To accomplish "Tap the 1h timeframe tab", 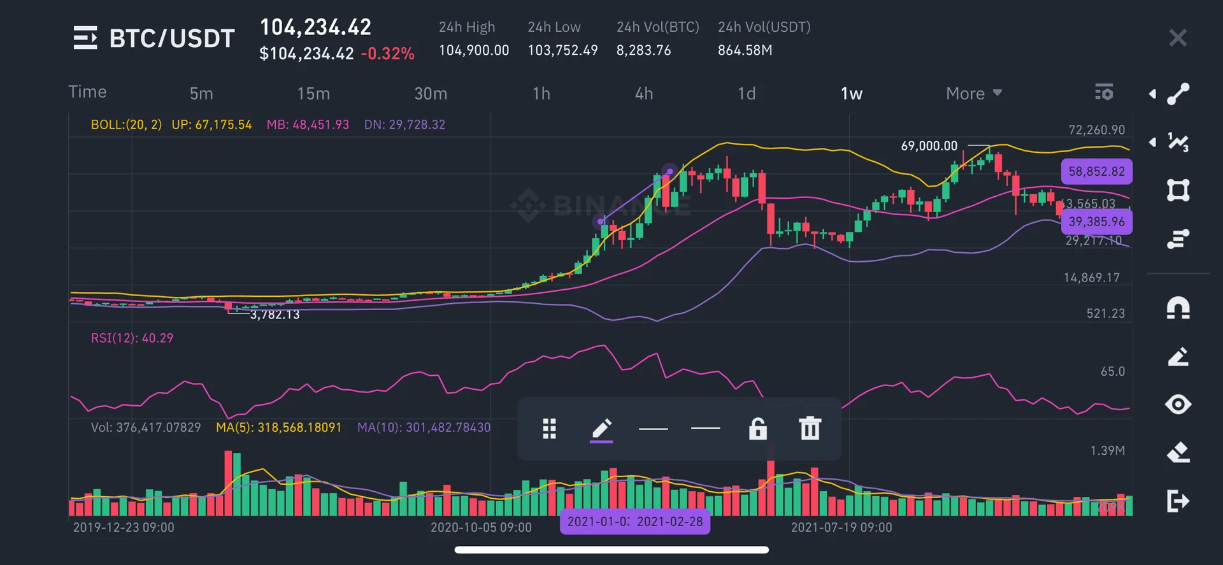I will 541,94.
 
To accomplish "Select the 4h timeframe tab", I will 644,94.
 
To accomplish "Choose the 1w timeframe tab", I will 852,94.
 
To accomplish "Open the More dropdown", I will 973,94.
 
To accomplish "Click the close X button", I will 1178,38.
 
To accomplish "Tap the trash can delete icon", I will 810,429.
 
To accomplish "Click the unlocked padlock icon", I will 757,429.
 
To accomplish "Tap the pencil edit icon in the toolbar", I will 601,429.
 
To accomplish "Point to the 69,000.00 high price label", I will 929,146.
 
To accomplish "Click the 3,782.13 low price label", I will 275,315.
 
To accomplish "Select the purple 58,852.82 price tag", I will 1096,171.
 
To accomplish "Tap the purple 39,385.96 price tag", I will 1096,222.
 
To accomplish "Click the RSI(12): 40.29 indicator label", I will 132,338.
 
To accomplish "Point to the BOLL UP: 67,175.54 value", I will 211,125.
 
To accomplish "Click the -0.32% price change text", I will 387,54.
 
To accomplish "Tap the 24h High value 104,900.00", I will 474,50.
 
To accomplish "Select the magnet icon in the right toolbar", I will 1178,308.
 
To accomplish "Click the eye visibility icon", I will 1178,404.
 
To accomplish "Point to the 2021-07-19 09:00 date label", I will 841,527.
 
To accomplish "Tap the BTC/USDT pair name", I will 172,38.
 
